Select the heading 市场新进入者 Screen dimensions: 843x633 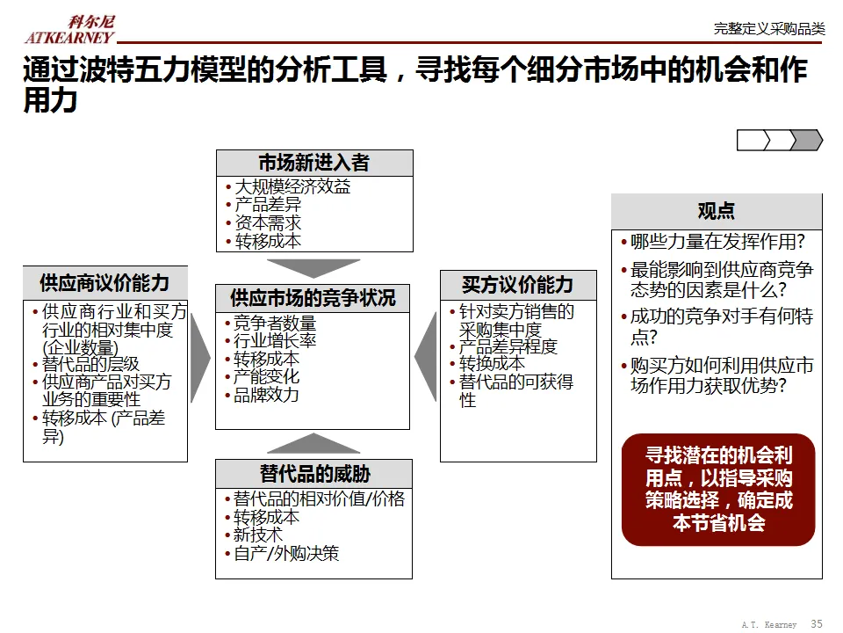click(313, 163)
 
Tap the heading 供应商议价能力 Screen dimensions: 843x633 click(104, 283)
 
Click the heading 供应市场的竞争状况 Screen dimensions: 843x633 click(313, 297)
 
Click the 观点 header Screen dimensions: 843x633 click(716, 211)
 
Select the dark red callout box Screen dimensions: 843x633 click(718, 489)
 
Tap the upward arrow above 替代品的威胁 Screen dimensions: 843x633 click(313, 443)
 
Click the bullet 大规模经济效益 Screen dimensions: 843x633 click(292, 186)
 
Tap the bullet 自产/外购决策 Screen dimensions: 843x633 click(285, 553)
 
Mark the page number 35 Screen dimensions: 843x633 click(817, 623)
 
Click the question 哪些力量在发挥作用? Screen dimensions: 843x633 click(717, 242)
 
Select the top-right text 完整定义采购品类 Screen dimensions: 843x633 click(769, 29)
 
